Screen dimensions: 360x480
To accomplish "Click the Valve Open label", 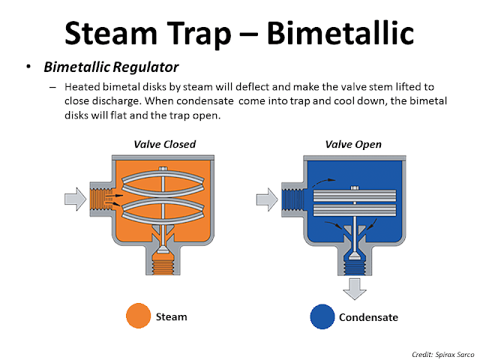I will (353, 144).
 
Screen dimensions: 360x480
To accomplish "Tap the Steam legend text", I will (172, 316).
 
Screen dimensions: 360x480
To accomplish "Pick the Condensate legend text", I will (368, 317).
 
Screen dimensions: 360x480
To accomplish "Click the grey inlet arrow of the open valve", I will (268, 199).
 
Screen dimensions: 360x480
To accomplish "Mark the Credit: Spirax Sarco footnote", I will (437, 351).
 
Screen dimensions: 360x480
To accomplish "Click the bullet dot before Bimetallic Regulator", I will (28, 67).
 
